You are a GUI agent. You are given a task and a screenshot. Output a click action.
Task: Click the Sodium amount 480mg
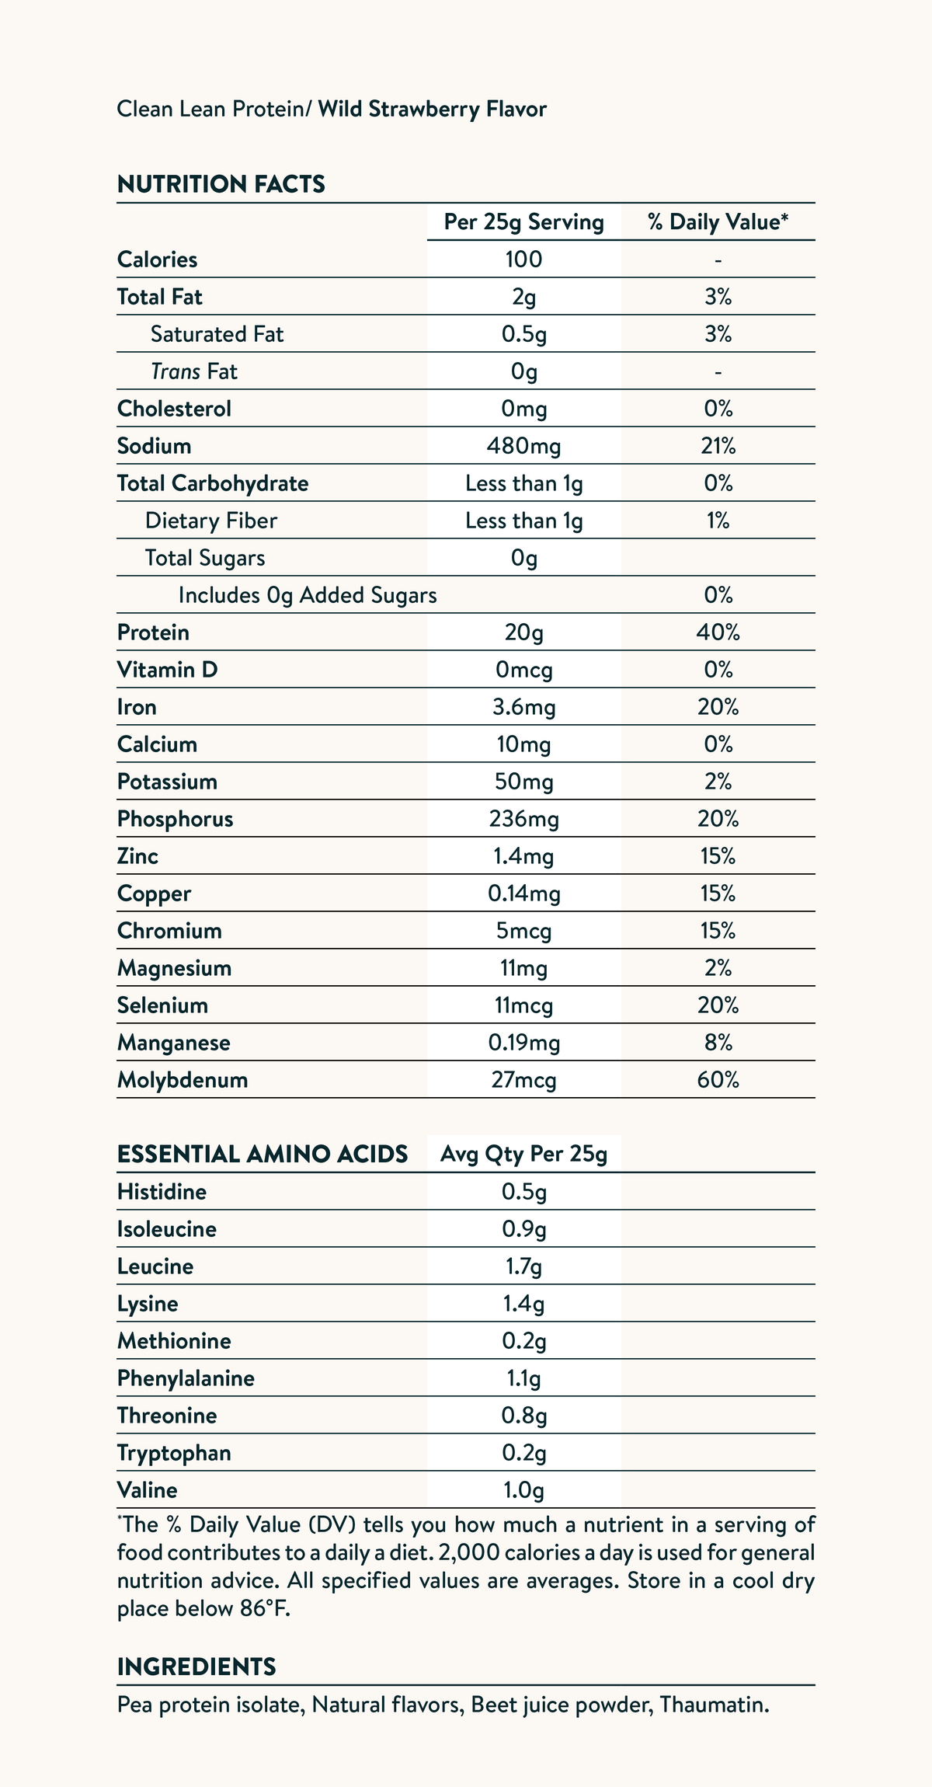click(523, 446)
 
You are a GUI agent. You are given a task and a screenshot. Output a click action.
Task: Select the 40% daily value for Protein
click(718, 632)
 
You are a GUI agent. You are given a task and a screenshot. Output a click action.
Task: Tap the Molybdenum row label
click(183, 1080)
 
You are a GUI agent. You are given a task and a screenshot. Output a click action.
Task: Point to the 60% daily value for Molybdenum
click(718, 1080)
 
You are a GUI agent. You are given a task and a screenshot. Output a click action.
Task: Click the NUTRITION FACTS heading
click(221, 184)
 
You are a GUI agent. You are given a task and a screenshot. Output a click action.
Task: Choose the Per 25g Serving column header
click(523, 222)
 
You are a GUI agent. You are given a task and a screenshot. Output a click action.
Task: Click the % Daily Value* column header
click(718, 222)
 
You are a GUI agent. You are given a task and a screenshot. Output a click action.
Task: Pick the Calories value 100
click(523, 260)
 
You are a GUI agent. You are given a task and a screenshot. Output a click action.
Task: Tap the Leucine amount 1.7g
click(523, 1266)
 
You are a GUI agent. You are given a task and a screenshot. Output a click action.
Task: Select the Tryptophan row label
click(174, 1453)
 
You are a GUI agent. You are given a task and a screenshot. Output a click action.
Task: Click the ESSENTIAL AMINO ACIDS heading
click(263, 1155)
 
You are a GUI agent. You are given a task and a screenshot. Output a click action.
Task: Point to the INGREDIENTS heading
click(196, 1667)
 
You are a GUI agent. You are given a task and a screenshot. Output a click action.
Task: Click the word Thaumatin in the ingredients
click(715, 1705)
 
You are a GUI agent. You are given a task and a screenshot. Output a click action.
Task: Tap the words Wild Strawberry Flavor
click(432, 110)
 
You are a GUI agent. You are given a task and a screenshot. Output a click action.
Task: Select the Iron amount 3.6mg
click(523, 707)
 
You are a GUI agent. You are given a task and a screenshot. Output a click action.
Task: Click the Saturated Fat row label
click(217, 334)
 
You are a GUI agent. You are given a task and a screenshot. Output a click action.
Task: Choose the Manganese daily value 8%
click(718, 1043)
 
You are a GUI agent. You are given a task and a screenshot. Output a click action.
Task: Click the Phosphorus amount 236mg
click(523, 819)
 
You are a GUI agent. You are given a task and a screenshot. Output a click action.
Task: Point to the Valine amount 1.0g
click(523, 1490)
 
